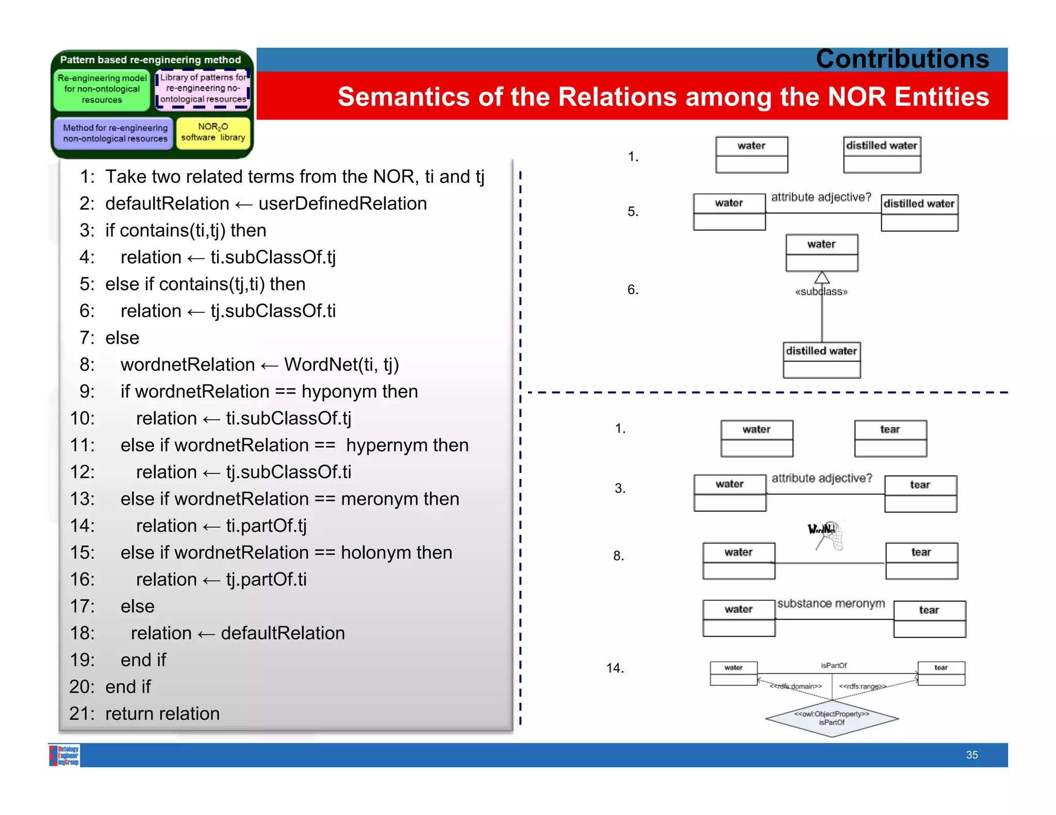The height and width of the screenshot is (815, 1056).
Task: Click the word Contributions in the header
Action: [x=902, y=59]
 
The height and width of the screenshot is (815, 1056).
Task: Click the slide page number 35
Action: [x=971, y=755]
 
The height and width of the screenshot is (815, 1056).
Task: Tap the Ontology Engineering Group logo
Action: [x=64, y=755]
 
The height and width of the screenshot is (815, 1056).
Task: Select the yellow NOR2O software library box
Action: [x=213, y=132]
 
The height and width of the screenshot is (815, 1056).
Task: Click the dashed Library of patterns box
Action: [x=203, y=89]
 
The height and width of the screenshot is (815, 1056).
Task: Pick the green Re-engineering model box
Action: [x=102, y=89]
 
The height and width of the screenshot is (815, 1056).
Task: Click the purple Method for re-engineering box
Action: [x=114, y=133]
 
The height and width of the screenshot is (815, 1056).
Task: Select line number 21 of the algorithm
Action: [x=82, y=714]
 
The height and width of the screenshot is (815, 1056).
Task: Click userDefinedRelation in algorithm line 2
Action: [x=342, y=203]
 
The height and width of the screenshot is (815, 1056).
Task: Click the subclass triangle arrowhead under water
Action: [x=822, y=278]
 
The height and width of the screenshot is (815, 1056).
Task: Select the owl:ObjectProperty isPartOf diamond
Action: [x=832, y=718]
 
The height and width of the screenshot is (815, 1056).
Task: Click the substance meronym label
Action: [x=831, y=603]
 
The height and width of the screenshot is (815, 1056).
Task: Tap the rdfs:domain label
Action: [x=796, y=686]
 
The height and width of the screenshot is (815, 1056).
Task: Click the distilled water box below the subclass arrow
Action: [x=821, y=360]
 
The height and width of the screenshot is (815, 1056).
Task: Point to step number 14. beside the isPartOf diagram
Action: [x=615, y=668]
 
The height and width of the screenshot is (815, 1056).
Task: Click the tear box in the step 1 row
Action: [x=890, y=438]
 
